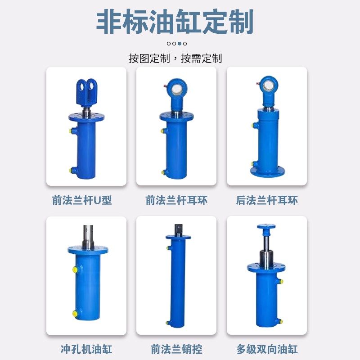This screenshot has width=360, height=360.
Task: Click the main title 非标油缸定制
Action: point(175,22)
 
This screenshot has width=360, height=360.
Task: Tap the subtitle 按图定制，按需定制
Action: point(175,58)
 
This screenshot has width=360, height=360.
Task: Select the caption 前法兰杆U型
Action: point(82,201)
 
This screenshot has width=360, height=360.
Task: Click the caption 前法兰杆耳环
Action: point(176,201)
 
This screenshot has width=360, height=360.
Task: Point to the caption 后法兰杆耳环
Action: point(267,201)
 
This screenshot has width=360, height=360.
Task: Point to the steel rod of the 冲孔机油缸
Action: point(88,236)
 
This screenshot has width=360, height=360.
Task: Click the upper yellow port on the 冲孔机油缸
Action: point(74,269)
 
